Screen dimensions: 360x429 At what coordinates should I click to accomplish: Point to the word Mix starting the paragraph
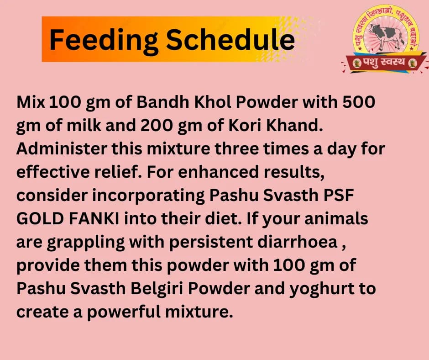coord(31,102)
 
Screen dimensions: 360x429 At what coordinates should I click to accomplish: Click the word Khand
coord(296,126)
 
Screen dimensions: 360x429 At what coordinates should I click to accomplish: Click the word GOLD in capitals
coord(41,218)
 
